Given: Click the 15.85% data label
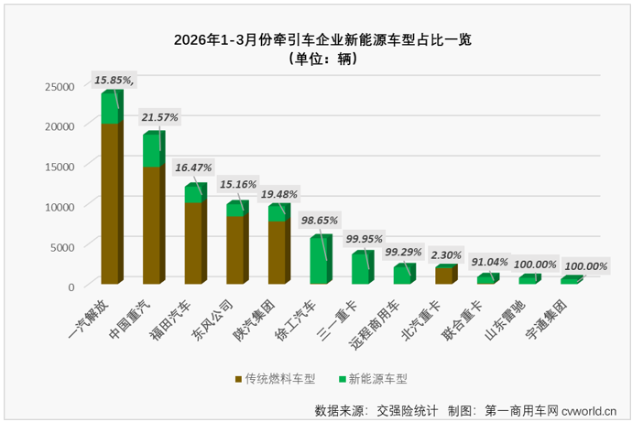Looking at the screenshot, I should point(114,81).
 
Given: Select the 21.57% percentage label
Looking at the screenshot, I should point(160,117).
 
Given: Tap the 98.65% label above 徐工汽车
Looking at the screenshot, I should point(321,221).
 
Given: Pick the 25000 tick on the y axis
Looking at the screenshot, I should point(61,86).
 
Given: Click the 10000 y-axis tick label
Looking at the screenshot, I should point(61,207).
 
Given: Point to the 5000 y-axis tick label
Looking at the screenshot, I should point(65,247).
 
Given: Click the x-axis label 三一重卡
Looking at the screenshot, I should point(343,316).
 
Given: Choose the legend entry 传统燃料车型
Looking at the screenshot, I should point(276,378).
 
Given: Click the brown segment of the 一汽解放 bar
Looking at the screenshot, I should point(110,201).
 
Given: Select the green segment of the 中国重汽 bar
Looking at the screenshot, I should point(152,151).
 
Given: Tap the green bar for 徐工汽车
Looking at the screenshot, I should point(319,261).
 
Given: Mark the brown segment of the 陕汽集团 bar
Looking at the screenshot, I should point(278,252).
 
